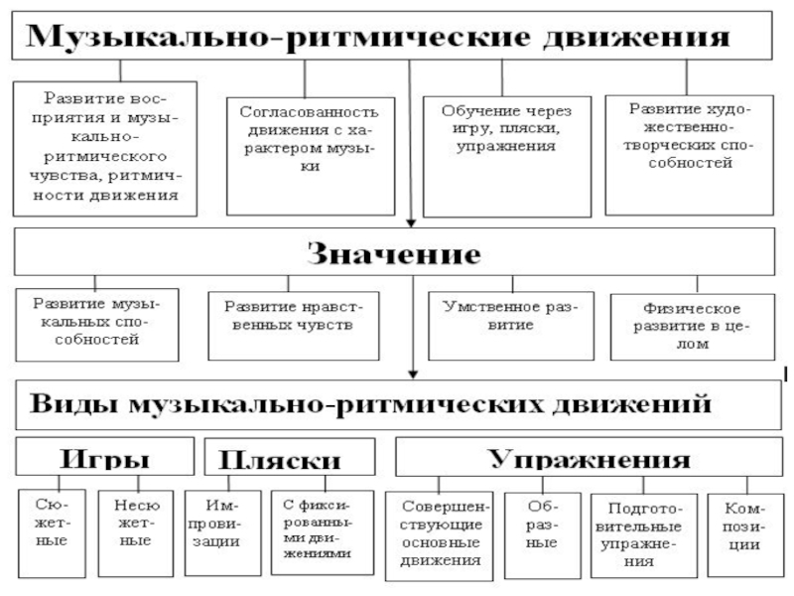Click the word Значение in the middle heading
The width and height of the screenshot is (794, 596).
tap(394, 253)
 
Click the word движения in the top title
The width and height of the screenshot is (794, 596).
tap(636, 37)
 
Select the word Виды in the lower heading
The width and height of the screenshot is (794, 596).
tap(73, 404)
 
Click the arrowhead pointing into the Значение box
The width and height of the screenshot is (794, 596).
tap(411, 223)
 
